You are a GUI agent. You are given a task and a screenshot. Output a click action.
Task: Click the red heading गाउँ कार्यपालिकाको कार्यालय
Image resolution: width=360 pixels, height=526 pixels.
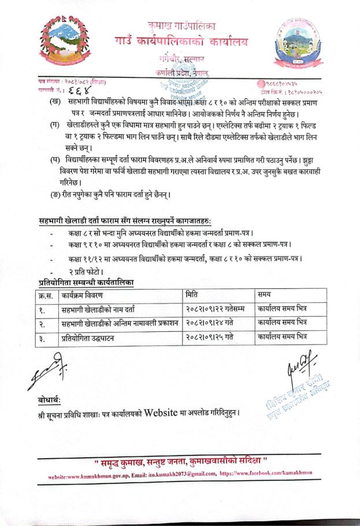click(181, 42)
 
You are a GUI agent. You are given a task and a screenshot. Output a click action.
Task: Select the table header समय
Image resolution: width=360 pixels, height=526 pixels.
click(268, 295)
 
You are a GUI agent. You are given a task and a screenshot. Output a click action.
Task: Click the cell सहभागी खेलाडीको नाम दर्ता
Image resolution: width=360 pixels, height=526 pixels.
click(101, 309)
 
